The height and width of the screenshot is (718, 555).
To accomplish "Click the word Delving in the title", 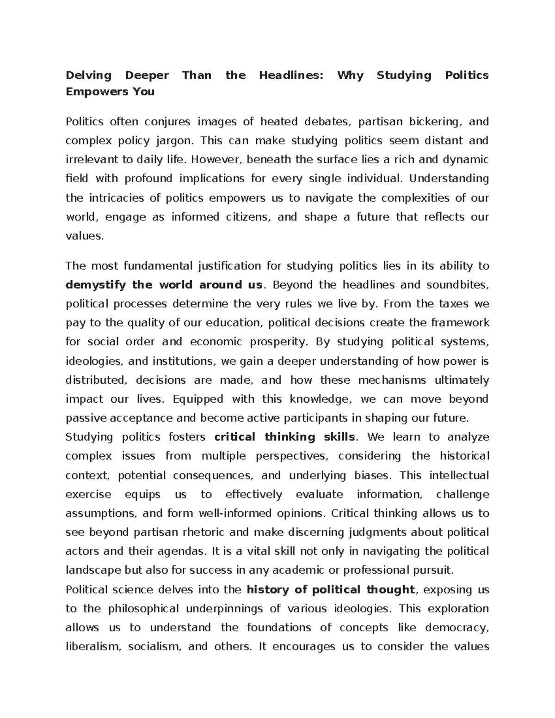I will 88,75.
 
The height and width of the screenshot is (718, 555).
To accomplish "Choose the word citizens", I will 247,217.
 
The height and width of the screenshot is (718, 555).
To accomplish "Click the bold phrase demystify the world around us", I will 164,285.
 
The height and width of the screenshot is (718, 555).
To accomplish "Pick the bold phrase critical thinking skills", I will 285,437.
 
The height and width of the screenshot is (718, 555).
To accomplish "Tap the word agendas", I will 183,552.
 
